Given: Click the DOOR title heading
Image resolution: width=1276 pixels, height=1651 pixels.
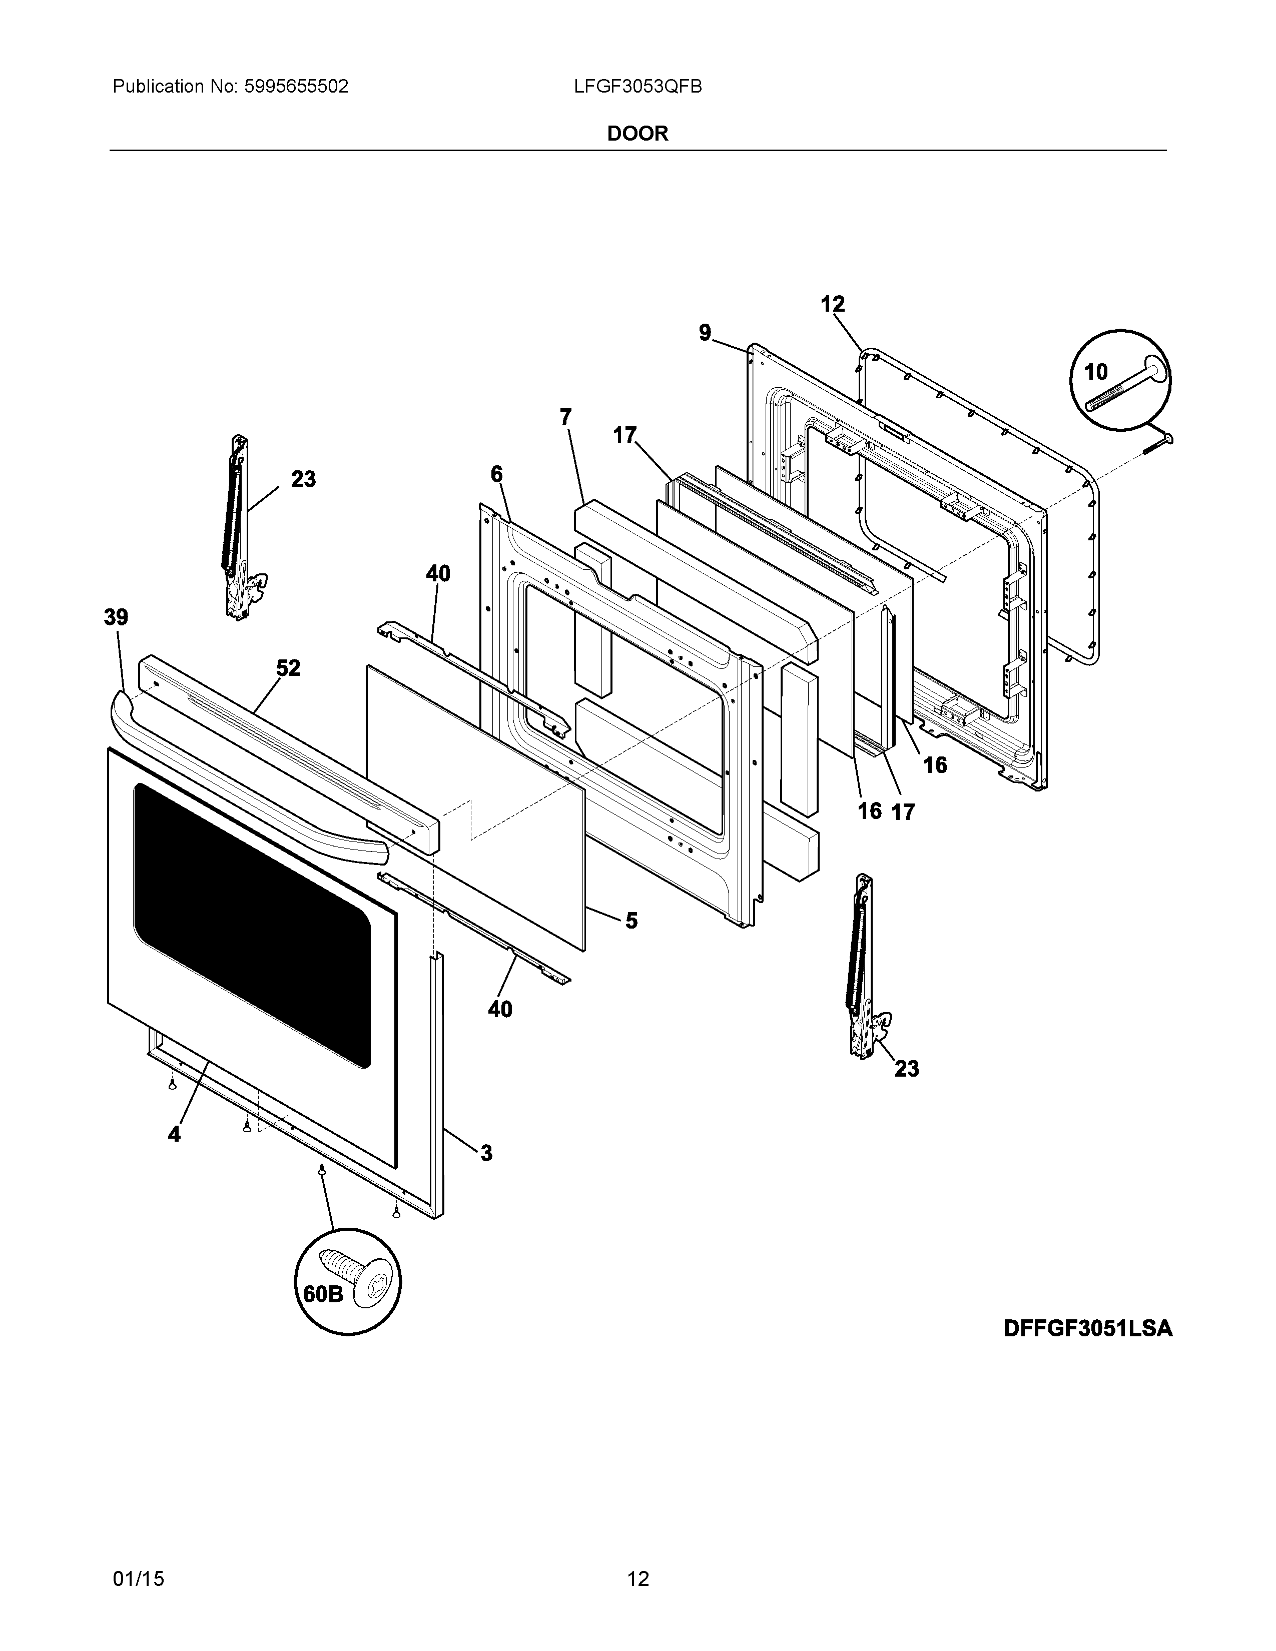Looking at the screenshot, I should coord(637,134).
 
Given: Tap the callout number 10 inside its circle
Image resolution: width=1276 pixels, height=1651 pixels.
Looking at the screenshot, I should coord(1095,372).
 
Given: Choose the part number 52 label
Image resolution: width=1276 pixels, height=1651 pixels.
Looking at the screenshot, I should coord(288,668).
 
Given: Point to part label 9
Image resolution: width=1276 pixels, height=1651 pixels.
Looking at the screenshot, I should coord(705,333).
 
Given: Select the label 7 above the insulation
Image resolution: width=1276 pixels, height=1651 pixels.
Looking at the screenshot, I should coord(565,417).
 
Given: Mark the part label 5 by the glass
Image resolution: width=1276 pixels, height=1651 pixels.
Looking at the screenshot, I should coord(631,920).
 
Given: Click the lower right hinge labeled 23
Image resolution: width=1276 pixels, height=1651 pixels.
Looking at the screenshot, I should coord(862,968).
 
